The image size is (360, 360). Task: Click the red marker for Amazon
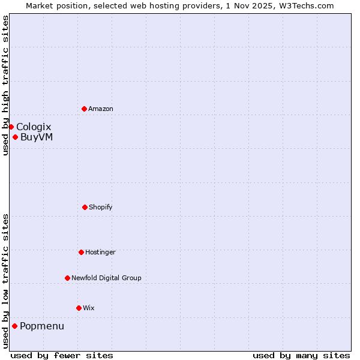(x=84, y=109)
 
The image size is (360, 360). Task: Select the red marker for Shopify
(x=85, y=207)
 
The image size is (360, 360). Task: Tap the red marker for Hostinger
(x=81, y=252)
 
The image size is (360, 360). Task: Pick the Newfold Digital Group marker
(x=67, y=278)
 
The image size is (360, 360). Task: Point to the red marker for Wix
(x=79, y=308)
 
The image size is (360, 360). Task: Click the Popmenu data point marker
(x=14, y=326)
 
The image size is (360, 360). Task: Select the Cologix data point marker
(x=11, y=127)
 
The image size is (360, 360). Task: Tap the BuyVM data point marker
(x=15, y=137)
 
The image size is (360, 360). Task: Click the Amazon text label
(x=101, y=109)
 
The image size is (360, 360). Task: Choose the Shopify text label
(x=101, y=207)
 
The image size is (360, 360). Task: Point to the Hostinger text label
(x=100, y=252)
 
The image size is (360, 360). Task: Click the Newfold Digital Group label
(x=106, y=278)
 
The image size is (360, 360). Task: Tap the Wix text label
(x=89, y=308)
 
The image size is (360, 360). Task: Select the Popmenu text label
(x=42, y=326)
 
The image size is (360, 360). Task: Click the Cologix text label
(x=34, y=127)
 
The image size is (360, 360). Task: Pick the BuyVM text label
(x=37, y=137)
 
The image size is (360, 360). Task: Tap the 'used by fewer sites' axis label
(x=62, y=355)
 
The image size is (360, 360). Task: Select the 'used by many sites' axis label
(x=301, y=355)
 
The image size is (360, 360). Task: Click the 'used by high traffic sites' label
(x=5, y=85)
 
